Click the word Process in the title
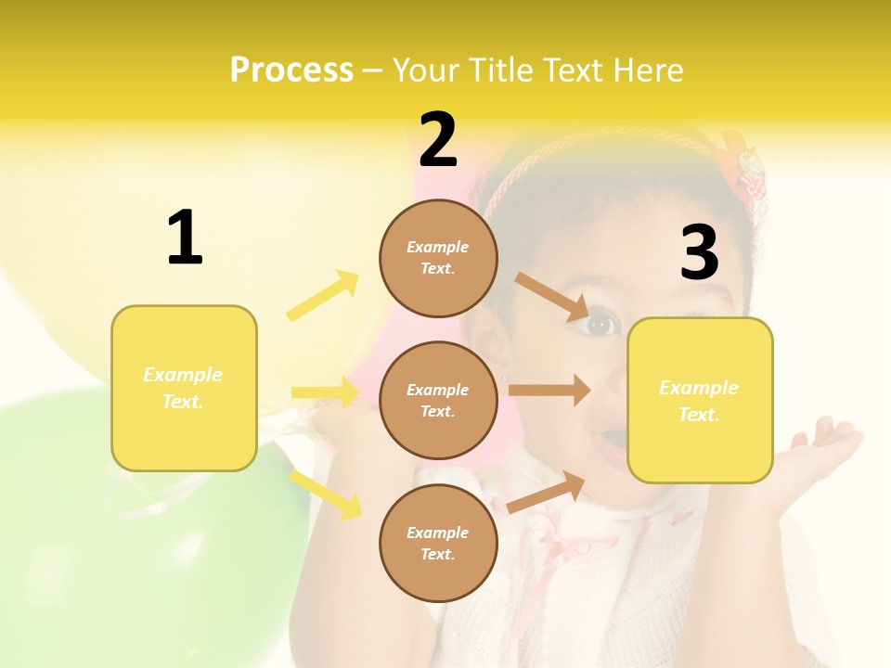pyautogui.click(x=291, y=71)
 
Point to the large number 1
pyautogui.click(x=185, y=238)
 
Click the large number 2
pyautogui.click(x=438, y=141)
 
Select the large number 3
pyautogui.click(x=699, y=253)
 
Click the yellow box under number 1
pyautogui.click(x=184, y=388)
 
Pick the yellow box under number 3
pyautogui.click(x=700, y=400)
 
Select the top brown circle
pyautogui.click(x=438, y=258)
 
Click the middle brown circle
pyautogui.click(x=438, y=400)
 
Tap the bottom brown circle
pyautogui.click(x=438, y=543)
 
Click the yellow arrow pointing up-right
pyautogui.click(x=323, y=296)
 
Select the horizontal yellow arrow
pyautogui.click(x=325, y=392)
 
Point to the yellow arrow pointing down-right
pyautogui.click(x=326, y=494)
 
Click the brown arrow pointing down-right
pyautogui.click(x=551, y=296)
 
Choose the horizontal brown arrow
pyautogui.click(x=549, y=391)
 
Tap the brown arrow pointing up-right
pyautogui.click(x=546, y=492)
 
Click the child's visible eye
pyautogui.click(x=600, y=325)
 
